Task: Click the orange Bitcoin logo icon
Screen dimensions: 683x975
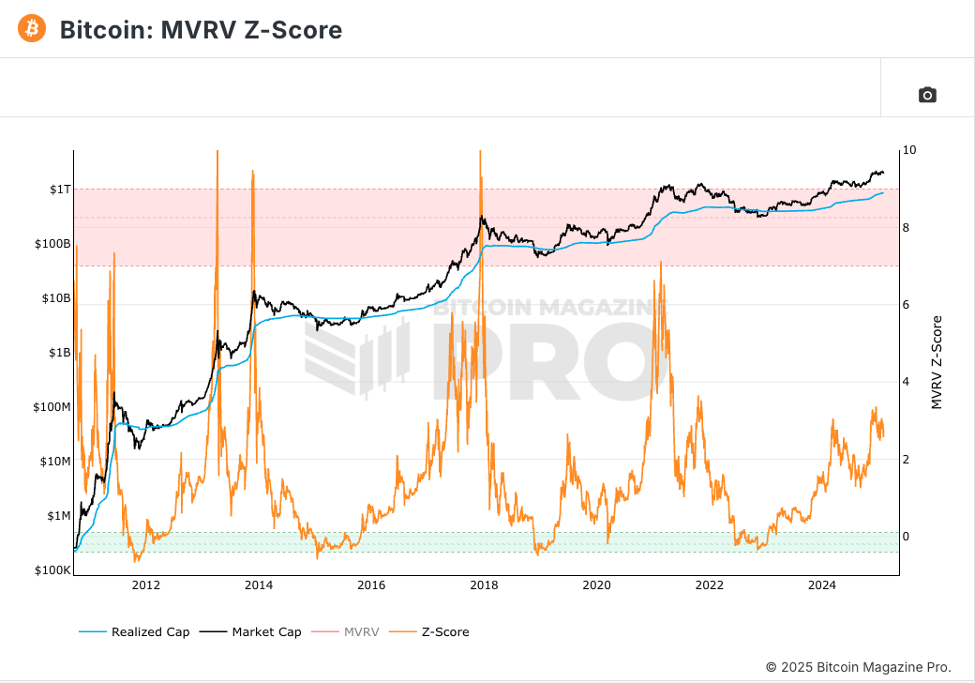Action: (x=32, y=29)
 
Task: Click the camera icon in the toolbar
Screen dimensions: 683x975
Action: (x=927, y=94)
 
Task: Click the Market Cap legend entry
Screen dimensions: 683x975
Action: (x=266, y=631)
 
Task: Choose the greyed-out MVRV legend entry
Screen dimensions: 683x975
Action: (x=361, y=631)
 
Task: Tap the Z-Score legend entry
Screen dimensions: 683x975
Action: (x=445, y=631)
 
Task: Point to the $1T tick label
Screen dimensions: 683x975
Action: (x=59, y=190)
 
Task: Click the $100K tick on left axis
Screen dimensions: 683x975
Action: (x=52, y=570)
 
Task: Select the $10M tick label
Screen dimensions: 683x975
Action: (x=54, y=462)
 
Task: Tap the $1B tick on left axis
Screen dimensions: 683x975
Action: (x=58, y=353)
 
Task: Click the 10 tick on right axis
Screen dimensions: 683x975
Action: (x=909, y=150)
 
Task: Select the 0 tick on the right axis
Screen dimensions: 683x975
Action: (x=907, y=537)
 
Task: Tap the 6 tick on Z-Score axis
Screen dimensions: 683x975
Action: (x=907, y=305)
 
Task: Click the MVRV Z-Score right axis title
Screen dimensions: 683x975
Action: (x=937, y=361)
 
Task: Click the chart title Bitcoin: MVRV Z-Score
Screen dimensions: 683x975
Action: (x=201, y=30)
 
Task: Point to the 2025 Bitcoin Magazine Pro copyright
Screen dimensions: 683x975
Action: (x=858, y=667)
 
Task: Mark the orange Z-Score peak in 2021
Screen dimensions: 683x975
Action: (x=661, y=263)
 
